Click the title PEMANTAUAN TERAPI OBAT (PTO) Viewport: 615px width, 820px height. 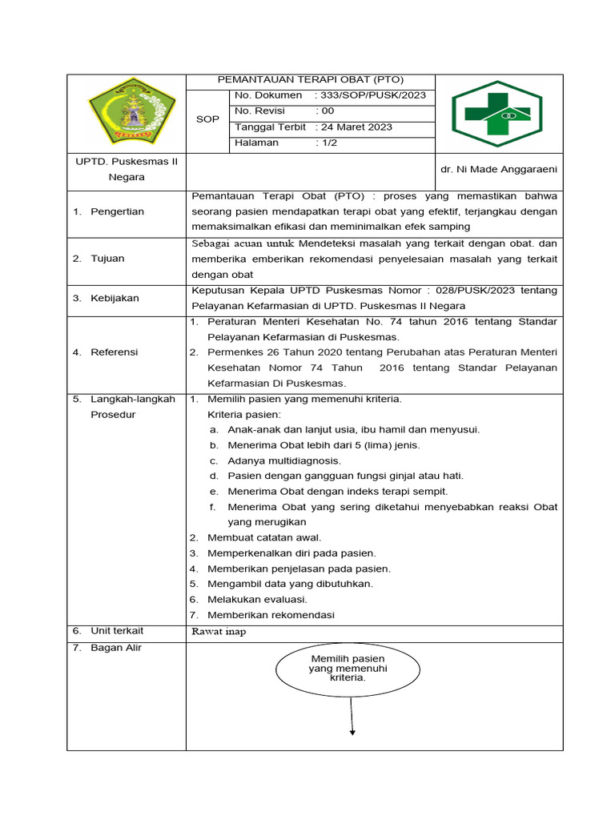click(311, 80)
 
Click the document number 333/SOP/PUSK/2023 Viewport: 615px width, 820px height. click(371, 95)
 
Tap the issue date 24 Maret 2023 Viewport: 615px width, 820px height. click(355, 127)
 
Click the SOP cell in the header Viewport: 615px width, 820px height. click(207, 119)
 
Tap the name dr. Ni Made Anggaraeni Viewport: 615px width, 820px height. click(499, 169)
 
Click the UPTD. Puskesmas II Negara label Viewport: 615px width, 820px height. click(127, 169)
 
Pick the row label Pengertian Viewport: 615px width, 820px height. click(117, 211)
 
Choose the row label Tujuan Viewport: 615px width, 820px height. click(107, 259)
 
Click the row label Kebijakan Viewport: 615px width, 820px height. click(115, 298)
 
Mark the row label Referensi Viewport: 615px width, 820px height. click(114, 352)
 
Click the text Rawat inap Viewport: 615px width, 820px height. click(219, 631)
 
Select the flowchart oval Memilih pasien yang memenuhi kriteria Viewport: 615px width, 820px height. click(348, 668)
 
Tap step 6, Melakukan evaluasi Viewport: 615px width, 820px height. click(257, 599)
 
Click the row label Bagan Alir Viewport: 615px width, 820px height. click(116, 647)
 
